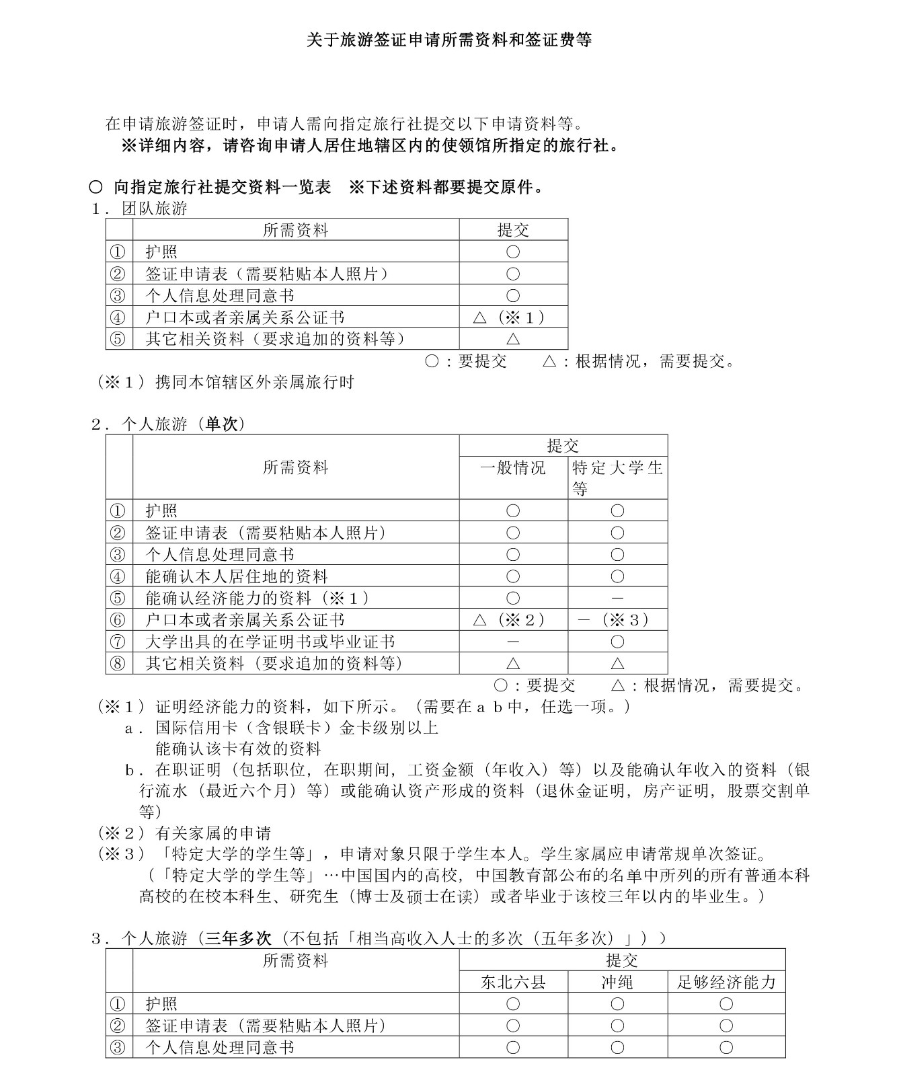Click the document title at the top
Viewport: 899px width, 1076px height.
pyautogui.click(x=449, y=40)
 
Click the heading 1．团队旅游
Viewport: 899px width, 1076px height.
pyautogui.click(x=140, y=208)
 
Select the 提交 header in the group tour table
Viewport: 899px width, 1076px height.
pyautogui.click(x=513, y=230)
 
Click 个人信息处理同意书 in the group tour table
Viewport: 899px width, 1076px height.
pyautogui.click(x=220, y=296)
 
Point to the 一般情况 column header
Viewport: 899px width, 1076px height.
pyautogui.click(x=513, y=468)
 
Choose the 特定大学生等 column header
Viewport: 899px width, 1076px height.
pyautogui.click(x=617, y=477)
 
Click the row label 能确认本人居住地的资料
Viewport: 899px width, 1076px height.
pyautogui.click(x=237, y=576)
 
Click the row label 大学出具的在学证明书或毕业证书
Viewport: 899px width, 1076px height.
pyautogui.click(x=270, y=642)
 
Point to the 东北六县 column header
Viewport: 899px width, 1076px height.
pyautogui.click(x=513, y=983)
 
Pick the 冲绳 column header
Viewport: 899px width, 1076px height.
pyautogui.click(x=617, y=983)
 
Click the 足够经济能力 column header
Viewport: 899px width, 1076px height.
pyautogui.click(x=726, y=983)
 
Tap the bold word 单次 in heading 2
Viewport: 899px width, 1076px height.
pyautogui.click(x=222, y=424)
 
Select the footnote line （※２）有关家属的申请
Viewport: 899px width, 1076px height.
pyautogui.click(x=184, y=834)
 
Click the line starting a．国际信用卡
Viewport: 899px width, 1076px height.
pyautogui.click(x=282, y=728)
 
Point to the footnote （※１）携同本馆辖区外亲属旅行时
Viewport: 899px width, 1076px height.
pyautogui.click(x=226, y=383)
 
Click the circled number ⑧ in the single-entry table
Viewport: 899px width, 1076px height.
pyautogui.click(x=118, y=664)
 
